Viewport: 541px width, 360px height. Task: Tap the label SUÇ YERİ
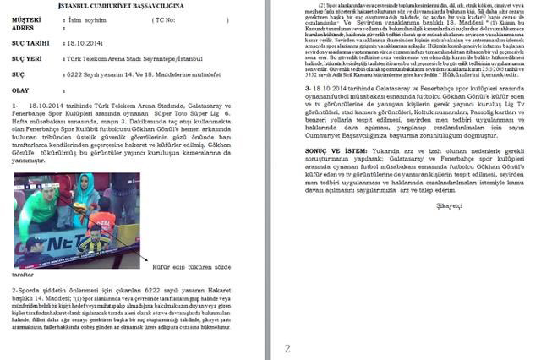point(26,60)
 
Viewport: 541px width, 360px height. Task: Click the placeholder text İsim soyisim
point(82,17)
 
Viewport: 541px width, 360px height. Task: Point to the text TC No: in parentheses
point(167,17)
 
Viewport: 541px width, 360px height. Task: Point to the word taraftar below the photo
point(23,275)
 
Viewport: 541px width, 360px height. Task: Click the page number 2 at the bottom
point(287,348)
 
